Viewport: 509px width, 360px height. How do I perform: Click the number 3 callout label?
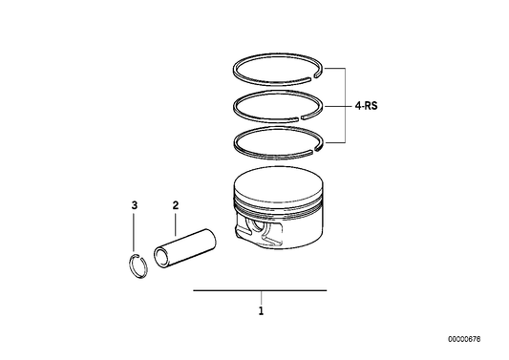[135, 204]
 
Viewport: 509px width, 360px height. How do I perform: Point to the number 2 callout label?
[175, 204]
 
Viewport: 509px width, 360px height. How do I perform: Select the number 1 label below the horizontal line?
[260, 310]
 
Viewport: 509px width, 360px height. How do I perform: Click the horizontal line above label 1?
[260, 289]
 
